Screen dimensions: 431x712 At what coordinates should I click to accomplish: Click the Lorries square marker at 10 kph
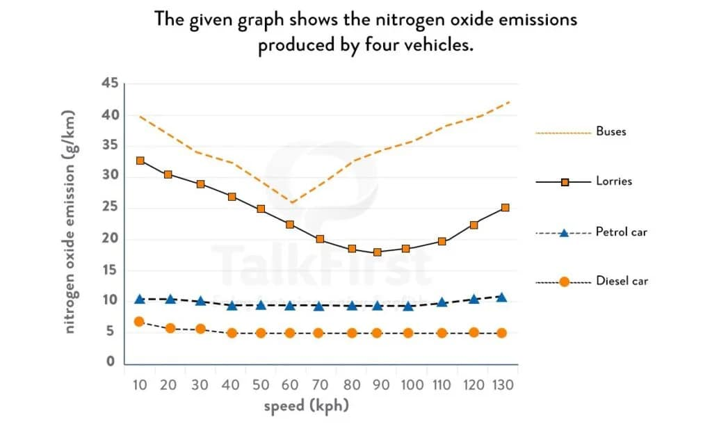140,161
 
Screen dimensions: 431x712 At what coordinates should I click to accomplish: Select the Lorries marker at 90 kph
378,252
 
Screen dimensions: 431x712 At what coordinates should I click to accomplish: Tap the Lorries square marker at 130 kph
505,208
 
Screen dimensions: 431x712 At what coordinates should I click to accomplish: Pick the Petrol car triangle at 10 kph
140,299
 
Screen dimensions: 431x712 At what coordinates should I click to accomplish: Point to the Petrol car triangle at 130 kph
502,297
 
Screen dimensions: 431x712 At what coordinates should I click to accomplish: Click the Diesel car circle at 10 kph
139,322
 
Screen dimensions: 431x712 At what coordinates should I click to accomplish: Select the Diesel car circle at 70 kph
318,333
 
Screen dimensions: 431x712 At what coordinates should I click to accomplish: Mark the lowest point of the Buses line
292,203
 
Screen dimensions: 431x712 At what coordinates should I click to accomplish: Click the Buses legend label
610,131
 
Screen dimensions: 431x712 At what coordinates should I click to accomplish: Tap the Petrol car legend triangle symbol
564,232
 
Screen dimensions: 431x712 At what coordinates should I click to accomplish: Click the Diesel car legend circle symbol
564,282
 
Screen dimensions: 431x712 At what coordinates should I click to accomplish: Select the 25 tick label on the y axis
109,208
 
